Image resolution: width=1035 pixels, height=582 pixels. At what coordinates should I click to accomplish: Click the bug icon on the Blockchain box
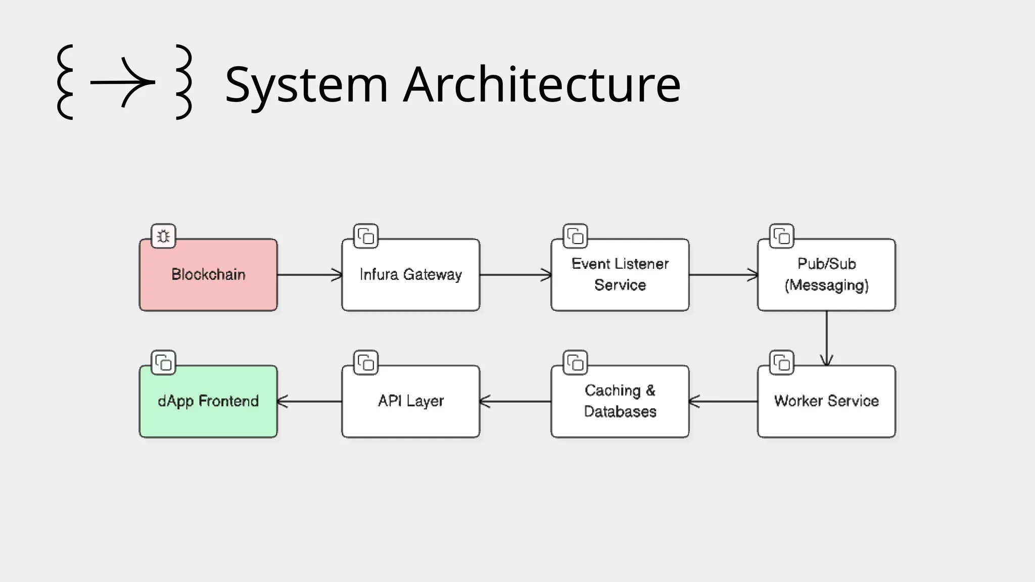pos(163,236)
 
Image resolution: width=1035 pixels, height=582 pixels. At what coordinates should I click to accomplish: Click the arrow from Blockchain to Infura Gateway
pos(309,275)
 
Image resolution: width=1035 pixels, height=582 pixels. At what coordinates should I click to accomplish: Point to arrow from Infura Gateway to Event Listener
pos(515,275)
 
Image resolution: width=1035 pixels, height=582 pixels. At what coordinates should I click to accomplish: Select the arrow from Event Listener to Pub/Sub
pos(723,275)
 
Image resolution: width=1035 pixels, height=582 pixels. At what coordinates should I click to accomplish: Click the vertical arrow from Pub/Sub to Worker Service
pos(826,337)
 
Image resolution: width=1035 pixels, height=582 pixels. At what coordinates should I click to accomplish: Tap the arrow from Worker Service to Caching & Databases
pos(723,402)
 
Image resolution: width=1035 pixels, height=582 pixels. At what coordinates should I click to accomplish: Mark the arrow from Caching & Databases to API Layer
pos(515,402)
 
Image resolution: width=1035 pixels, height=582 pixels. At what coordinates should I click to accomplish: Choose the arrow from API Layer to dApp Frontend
pos(309,402)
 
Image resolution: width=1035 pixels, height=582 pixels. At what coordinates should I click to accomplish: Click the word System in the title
pos(306,85)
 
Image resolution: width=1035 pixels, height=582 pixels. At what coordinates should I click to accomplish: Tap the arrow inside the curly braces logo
pos(123,82)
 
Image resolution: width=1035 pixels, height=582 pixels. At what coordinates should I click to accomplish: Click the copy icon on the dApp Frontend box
pos(163,362)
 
